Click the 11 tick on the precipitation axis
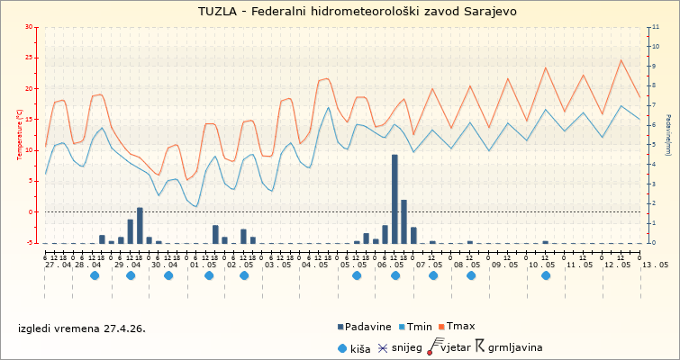coord(655,28)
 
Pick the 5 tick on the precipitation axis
coord(655,145)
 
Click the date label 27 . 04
coord(59,265)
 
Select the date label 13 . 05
coord(656,265)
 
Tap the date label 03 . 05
coord(278,265)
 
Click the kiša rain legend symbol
coord(343,346)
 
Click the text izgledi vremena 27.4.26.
coord(81,328)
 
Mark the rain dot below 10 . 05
coord(546,276)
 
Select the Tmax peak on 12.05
coord(621,60)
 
